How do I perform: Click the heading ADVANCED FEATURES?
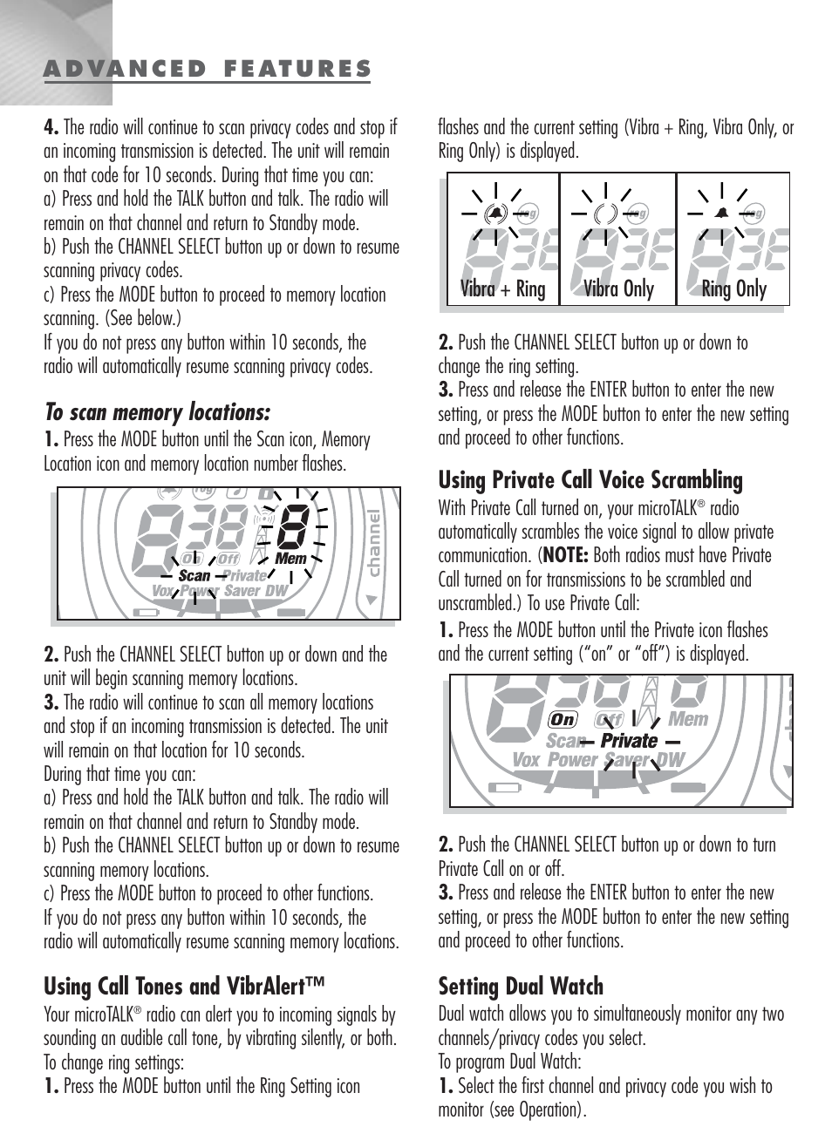click(x=208, y=69)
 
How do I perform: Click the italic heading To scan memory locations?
click(x=157, y=411)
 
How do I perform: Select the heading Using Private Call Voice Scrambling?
click(x=590, y=480)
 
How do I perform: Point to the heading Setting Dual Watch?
click(x=521, y=987)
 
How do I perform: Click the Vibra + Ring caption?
click(x=503, y=289)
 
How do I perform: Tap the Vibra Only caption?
click(x=618, y=289)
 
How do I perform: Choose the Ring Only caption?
click(x=733, y=289)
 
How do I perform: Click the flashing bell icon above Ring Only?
click(x=722, y=212)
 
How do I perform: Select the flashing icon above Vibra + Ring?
click(x=494, y=212)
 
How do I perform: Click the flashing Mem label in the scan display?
click(x=290, y=558)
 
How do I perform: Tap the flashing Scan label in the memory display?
click(x=194, y=575)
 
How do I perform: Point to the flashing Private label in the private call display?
click(x=629, y=741)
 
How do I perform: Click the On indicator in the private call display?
click(x=563, y=720)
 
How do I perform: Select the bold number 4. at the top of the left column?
click(x=51, y=127)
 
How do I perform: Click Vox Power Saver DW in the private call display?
click(x=598, y=760)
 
